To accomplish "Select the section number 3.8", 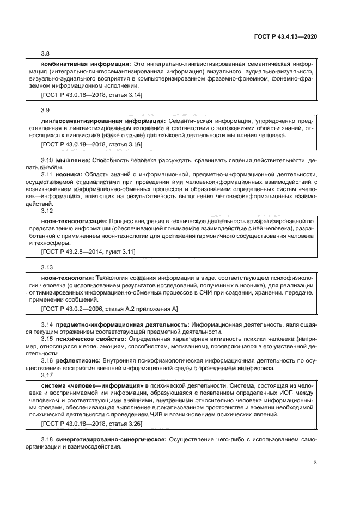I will click(x=46, y=54).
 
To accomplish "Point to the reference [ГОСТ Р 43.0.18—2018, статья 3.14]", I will click(x=91, y=95).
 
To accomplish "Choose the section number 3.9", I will click(x=46, y=110).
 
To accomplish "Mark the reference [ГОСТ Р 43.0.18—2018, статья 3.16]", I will click(x=91, y=144).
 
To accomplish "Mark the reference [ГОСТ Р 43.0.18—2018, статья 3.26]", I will click(x=91, y=422).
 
